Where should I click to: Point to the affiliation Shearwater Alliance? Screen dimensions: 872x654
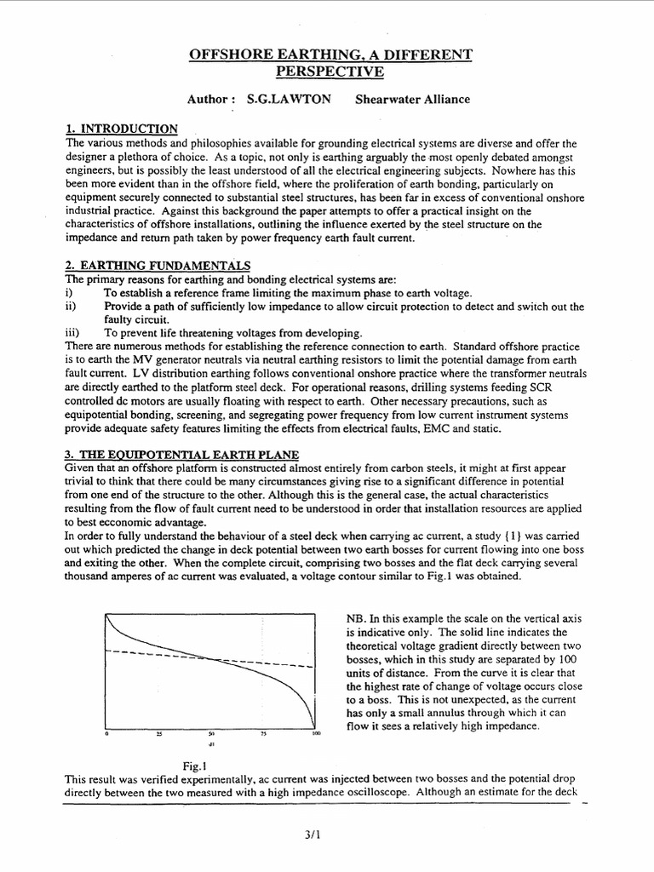(x=415, y=100)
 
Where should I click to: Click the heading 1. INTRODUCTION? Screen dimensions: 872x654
(x=122, y=129)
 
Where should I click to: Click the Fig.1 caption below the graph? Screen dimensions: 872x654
(x=196, y=766)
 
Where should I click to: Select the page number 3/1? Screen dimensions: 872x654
(x=326, y=837)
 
